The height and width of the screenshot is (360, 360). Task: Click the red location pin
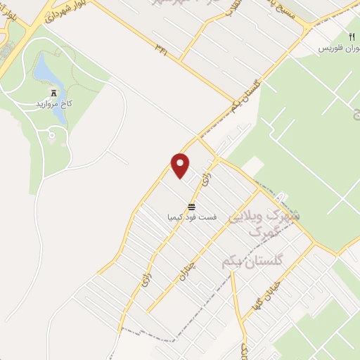point(181,165)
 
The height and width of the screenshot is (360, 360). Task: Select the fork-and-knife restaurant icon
point(351,37)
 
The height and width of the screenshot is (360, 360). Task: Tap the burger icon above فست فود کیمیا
point(191,206)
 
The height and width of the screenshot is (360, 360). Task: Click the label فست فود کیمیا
point(191,217)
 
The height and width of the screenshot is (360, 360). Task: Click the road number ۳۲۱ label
point(162,49)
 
